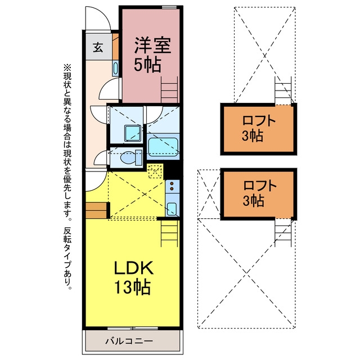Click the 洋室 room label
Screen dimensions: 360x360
[x=152, y=45]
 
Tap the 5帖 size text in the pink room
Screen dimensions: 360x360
[x=147, y=65]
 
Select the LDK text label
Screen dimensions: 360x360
[x=134, y=268]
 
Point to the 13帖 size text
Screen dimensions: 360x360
[x=133, y=287]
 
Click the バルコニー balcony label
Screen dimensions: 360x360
[x=129, y=341]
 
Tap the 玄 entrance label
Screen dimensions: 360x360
[x=98, y=47]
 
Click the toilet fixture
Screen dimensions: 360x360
[x=131, y=157]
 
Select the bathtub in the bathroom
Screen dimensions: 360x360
[x=163, y=146]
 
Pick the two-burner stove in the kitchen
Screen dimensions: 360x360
[x=172, y=186]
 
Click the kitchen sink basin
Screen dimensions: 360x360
[x=172, y=209]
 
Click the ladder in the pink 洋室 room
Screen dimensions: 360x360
[x=169, y=89]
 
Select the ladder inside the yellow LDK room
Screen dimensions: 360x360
[x=170, y=233]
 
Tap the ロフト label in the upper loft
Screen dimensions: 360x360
[x=259, y=121]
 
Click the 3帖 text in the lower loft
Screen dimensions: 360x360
[x=253, y=201]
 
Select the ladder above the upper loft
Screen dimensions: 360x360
[x=283, y=90]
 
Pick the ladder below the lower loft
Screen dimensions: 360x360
[x=283, y=233]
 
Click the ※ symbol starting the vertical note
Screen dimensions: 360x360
[x=67, y=67]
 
